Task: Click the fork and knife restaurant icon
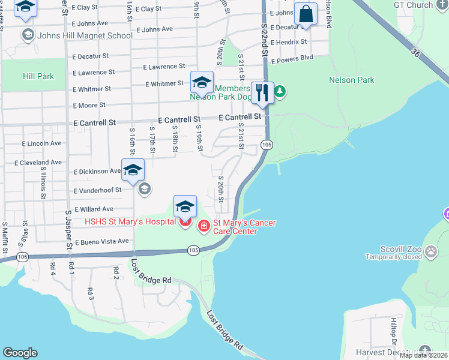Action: coord(262,92)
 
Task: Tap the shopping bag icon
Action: coord(306,14)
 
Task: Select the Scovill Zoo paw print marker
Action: coord(431,251)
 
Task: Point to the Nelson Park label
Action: coord(352,80)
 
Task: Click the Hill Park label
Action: coord(38,76)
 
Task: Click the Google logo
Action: coord(20,353)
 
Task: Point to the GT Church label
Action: coord(414,5)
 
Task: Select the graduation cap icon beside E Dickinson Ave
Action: coord(133,170)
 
